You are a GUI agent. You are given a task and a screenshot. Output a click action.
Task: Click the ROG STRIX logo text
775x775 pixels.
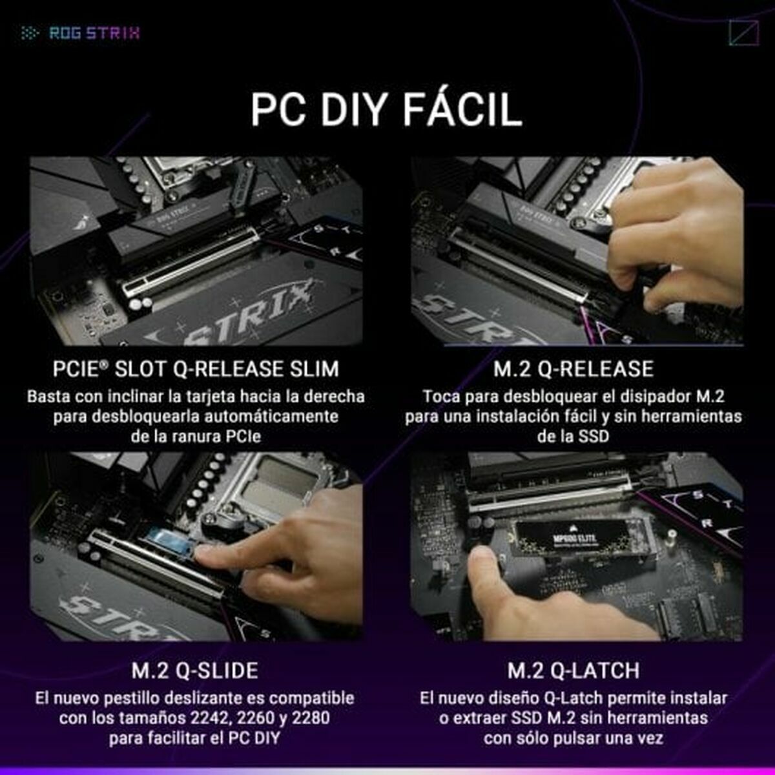pos(94,33)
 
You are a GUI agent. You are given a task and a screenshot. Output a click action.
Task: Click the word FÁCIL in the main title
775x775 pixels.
pos(462,110)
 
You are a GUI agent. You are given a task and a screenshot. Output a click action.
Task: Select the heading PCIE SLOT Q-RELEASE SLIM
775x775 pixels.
pos(196,369)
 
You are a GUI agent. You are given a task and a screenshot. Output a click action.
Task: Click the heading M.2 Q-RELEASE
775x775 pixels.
pos(573,369)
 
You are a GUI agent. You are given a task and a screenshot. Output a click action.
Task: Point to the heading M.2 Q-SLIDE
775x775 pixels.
pos(195,670)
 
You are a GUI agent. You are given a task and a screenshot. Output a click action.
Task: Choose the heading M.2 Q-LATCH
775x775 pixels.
pos(573,670)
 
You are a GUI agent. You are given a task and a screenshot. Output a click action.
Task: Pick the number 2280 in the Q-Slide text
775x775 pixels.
pos(310,718)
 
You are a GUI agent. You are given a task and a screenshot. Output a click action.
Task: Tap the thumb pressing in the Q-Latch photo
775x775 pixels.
pos(486,568)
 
